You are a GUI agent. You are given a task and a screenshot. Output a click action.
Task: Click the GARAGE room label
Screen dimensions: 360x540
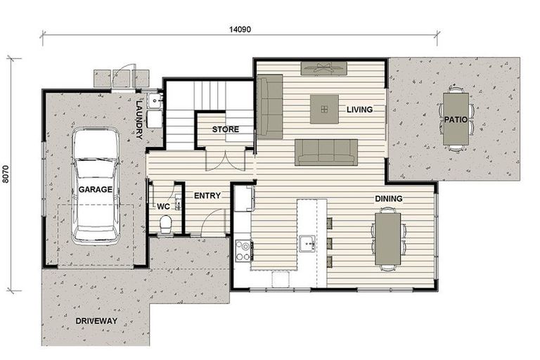(95, 190)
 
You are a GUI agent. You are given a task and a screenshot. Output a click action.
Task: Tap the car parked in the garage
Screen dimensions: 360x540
(95, 184)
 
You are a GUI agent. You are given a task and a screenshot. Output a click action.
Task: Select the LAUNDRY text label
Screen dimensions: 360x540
(140, 120)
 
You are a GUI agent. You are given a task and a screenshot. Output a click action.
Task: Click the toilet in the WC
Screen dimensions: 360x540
(166, 224)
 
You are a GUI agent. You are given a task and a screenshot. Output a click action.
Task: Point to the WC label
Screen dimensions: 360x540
(162, 207)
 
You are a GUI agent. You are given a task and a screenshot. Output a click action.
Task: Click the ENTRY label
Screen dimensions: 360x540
(207, 195)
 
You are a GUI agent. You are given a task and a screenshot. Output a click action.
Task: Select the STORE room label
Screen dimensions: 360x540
(225, 129)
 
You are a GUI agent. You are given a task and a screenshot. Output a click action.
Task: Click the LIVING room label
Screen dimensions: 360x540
(359, 110)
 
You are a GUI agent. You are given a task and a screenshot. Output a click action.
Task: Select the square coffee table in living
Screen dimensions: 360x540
(324, 109)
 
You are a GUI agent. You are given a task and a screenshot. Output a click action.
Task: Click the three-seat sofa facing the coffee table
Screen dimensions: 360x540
(326, 152)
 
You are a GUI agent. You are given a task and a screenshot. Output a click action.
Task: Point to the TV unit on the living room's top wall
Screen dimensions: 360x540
(323, 68)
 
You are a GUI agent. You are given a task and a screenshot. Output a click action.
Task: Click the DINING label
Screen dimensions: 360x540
(388, 199)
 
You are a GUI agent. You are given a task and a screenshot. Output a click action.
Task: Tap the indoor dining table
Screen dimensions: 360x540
(387, 239)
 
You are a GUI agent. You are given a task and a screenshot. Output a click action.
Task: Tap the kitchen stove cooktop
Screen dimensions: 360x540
(243, 250)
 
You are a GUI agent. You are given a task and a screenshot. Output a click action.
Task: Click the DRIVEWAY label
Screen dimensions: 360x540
(96, 321)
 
